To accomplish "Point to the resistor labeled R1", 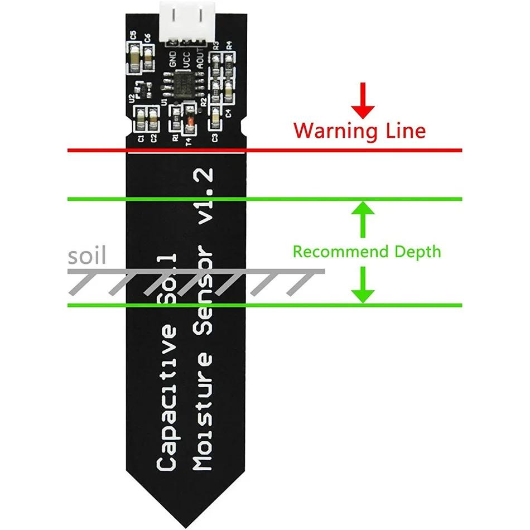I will [175, 118].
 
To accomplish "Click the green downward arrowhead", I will [363, 294].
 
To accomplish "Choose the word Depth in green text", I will [418, 252].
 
